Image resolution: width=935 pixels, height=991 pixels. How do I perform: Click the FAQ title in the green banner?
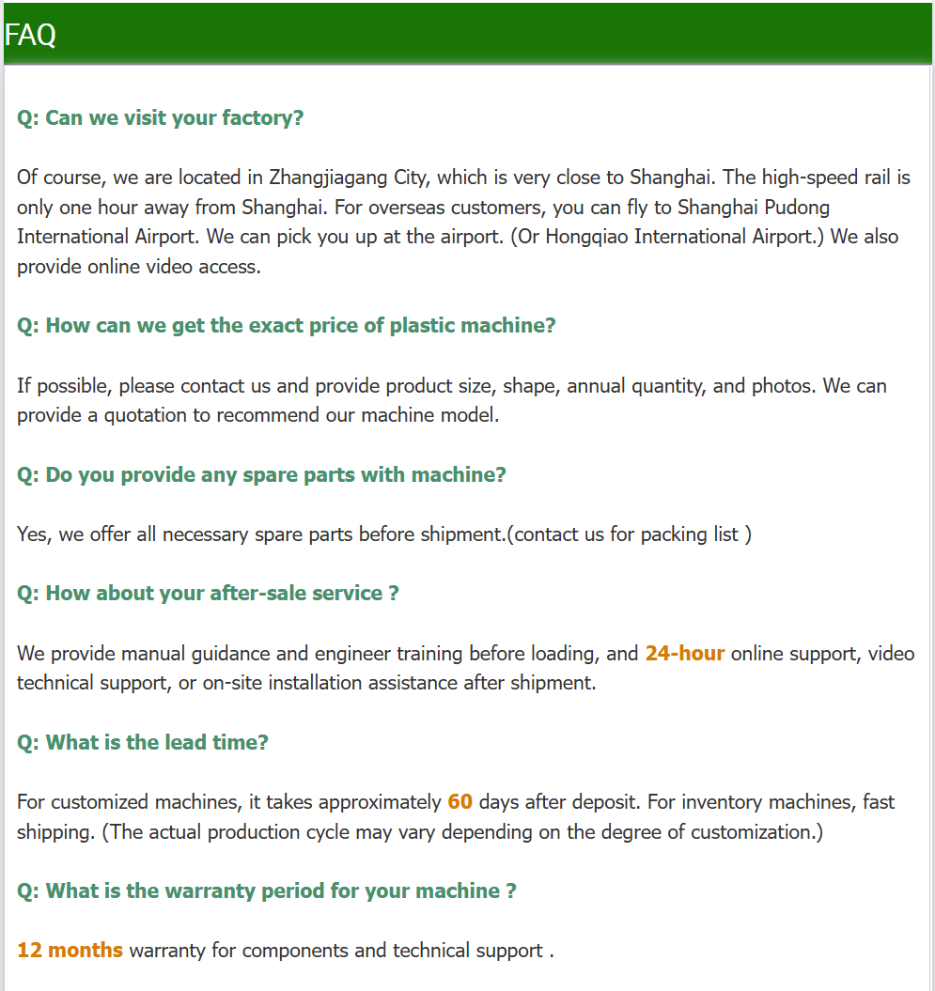(x=30, y=35)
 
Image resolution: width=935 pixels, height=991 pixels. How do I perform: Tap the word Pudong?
(x=798, y=207)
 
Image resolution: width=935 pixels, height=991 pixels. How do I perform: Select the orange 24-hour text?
(x=684, y=653)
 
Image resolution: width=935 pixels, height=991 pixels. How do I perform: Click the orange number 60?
(x=460, y=802)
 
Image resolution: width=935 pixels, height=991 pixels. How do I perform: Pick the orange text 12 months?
(x=70, y=951)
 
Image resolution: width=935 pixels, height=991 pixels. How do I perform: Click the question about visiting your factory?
(x=161, y=118)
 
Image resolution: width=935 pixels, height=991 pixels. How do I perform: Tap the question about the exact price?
(x=287, y=326)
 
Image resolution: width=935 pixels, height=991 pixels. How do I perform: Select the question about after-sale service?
(x=208, y=594)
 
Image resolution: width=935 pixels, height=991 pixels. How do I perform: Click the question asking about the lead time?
(x=143, y=742)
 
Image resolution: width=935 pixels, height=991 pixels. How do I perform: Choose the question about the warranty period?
(x=267, y=891)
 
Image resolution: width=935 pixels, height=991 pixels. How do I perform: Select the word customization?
(x=740, y=832)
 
